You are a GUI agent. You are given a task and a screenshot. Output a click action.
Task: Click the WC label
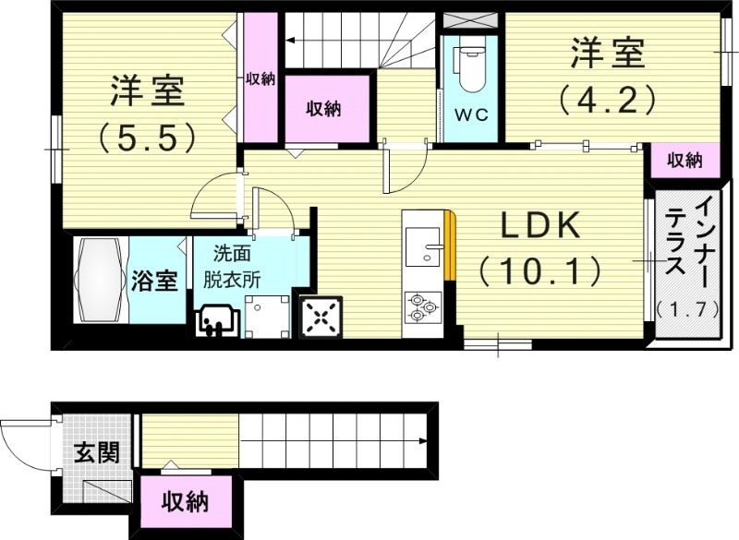point(470,115)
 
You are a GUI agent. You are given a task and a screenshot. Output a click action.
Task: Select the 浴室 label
point(154,281)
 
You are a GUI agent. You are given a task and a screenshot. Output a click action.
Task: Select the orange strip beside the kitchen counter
point(450,245)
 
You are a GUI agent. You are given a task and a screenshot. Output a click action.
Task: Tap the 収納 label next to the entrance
point(185,503)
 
